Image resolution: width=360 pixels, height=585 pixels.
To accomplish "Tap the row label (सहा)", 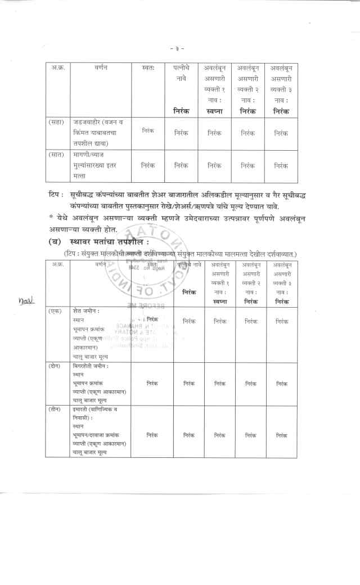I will point(56,122).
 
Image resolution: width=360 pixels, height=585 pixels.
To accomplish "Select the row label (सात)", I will point(56,154).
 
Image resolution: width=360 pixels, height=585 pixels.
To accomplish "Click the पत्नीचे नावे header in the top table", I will point(182,73).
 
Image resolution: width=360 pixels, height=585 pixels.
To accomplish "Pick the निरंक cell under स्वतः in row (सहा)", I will point(148,130).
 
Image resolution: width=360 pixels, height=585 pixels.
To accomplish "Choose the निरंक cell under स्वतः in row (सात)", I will point(148,165).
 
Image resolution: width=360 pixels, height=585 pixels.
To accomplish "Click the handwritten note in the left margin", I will point(26,300).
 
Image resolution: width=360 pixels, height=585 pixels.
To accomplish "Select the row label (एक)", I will point(55,311).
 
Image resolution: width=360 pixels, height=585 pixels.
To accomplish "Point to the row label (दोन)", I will point(55,366).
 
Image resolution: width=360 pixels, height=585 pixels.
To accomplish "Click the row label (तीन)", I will point(55,409).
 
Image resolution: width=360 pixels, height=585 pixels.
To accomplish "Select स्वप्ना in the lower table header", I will point(220,301).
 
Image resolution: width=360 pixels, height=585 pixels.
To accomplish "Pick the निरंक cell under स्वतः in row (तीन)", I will point(152,435).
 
